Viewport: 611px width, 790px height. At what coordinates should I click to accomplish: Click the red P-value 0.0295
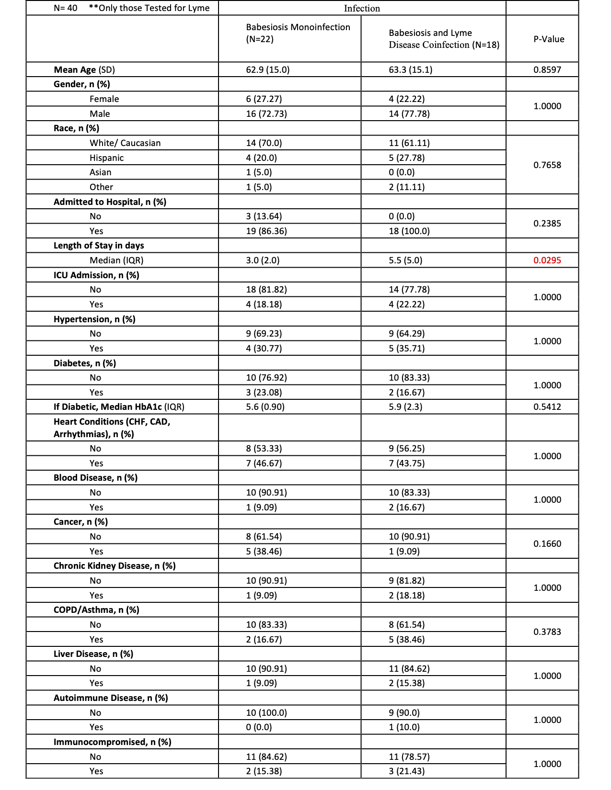547,260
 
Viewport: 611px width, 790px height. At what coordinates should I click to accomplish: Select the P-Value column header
549,39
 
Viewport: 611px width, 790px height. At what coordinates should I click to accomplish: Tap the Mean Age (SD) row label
84,70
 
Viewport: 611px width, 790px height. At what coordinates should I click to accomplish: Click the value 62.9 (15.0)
268,70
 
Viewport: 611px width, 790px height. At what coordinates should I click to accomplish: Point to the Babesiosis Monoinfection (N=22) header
298,33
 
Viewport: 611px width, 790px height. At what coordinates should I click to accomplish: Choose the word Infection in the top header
362,9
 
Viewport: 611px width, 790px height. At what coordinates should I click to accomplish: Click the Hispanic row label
106,158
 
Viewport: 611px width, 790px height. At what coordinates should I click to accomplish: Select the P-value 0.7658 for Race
547,165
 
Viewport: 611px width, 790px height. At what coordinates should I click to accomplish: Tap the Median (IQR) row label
116,260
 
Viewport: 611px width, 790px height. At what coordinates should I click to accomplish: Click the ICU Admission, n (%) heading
96,275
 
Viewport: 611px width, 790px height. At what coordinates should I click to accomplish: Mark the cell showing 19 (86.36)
266,231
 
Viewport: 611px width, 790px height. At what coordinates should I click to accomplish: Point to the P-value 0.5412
547,407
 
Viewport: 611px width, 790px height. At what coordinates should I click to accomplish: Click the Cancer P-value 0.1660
547,544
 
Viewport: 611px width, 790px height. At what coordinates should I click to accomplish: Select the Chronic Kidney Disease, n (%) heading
115,566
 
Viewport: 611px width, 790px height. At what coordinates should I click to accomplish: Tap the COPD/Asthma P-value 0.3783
547,632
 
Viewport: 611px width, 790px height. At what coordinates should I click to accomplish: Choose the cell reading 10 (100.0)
266,713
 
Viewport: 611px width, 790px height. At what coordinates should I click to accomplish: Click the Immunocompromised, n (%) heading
113,742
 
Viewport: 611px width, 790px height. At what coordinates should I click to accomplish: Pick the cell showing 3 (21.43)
407,771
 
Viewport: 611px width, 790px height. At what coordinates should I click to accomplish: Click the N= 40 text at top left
66,8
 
